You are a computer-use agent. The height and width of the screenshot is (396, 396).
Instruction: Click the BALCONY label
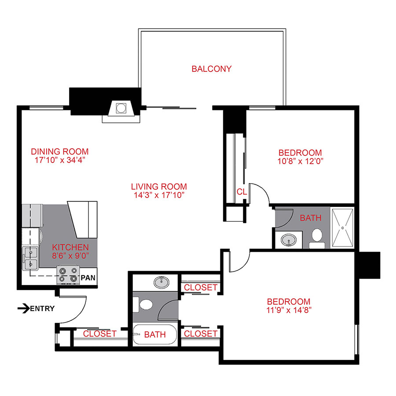(211, 69)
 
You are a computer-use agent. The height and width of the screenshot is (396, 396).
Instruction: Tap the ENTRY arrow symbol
(23, 308)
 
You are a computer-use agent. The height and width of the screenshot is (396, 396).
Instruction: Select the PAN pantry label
(89, 278)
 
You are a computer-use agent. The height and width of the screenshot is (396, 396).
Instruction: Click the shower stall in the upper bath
(342, 227)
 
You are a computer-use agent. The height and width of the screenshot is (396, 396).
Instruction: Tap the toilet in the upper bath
(316, 237)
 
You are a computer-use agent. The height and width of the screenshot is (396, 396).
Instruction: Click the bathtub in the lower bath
(155, 335)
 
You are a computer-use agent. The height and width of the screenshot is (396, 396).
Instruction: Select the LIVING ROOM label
(159, 186)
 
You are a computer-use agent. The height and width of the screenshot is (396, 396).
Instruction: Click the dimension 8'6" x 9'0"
(70, 255)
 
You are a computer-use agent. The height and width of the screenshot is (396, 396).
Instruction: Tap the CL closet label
(242, 192)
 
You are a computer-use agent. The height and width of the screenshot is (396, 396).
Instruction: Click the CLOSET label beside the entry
(99, 334)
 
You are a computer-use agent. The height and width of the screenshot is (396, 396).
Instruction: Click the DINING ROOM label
(59, 151)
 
